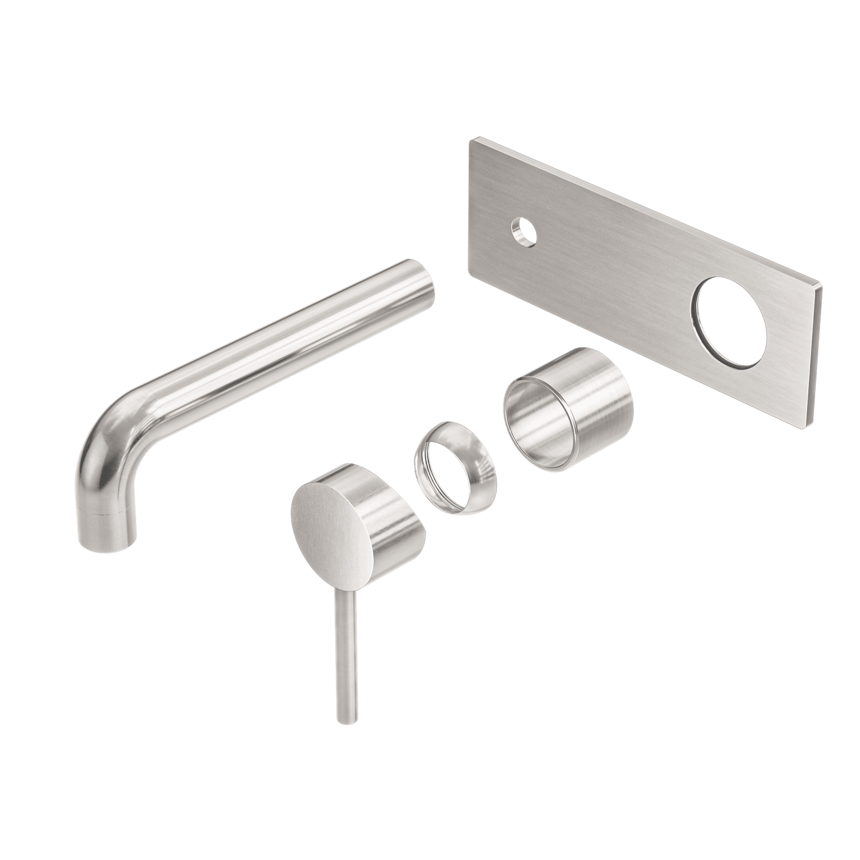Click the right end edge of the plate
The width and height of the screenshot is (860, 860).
coord(818,357)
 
